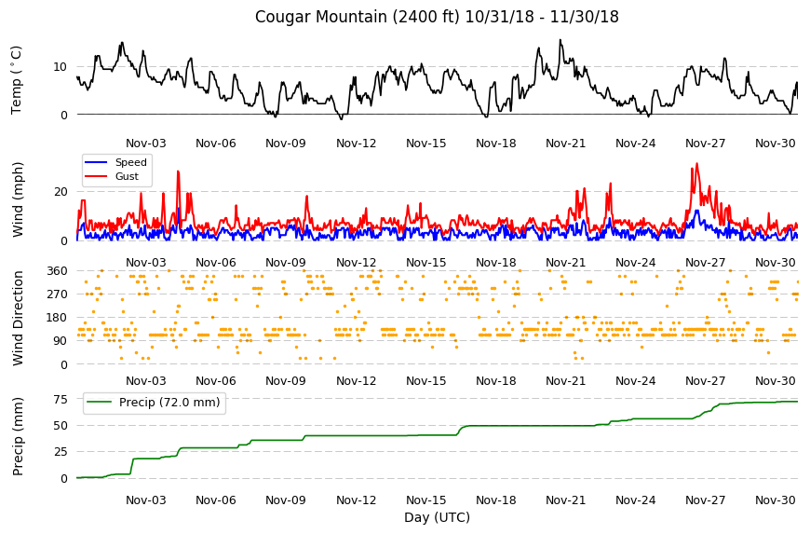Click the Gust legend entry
click(x=112, y=176)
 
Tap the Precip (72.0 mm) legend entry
click(x=154, y=403)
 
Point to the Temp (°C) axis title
click(x=17, y=79)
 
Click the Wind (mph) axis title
click(x=18, y=199)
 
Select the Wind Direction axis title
click(x=18, y=318)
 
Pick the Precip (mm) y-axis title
click(x=18, y=436)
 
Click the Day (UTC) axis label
click(x=437, y=517)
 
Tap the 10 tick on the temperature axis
click(x=60, y=67)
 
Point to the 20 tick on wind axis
click(x=61, y=192)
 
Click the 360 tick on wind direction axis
click(x=58, y=271)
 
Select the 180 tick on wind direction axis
click(x=58, y=318)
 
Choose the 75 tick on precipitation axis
click(x=61, y=399)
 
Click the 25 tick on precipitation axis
click(x=61, y=452)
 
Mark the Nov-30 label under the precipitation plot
click(x=775, y=500)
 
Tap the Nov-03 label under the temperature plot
click(x=146, y=144)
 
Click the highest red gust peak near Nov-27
click(x=696, y=164)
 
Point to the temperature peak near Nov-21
click(x=560, y=40)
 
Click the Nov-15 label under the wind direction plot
click(x=425, y=381)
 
